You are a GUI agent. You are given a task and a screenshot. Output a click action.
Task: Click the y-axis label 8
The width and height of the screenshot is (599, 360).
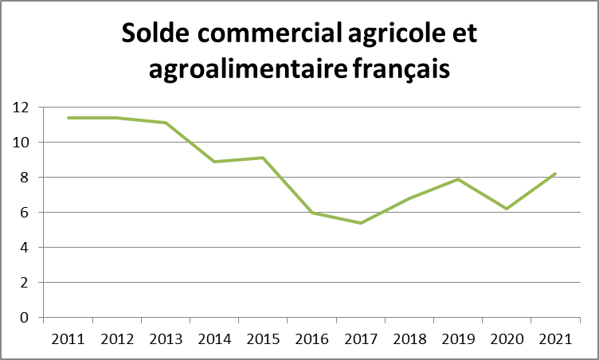25,177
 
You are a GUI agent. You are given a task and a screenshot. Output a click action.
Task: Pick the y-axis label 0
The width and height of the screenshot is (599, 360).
25,317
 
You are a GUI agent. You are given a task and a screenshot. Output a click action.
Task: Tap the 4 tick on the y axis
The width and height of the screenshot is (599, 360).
25,247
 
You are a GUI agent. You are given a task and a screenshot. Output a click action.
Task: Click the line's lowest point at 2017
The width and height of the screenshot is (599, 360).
360,223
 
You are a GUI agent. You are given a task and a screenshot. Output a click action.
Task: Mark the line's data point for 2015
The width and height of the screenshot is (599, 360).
263,158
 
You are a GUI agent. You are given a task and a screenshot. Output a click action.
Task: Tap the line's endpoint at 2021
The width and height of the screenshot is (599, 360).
555,174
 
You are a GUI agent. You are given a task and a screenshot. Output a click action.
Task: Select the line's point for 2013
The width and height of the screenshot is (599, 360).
165,123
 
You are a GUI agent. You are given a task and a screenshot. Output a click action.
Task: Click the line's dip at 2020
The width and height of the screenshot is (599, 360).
507,209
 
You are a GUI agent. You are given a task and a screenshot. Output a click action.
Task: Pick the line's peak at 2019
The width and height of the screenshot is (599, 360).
458,179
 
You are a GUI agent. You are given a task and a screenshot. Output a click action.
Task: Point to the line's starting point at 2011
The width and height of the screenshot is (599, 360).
68,118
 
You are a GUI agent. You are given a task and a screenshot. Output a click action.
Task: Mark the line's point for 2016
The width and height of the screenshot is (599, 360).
311,213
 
